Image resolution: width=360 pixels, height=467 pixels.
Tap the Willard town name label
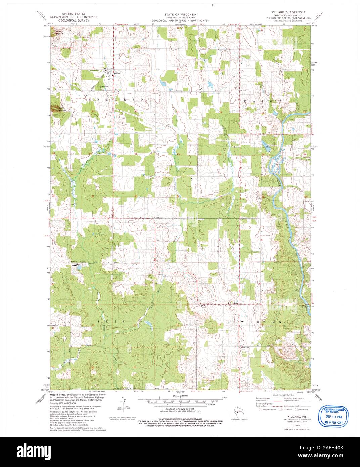tap(117, 73)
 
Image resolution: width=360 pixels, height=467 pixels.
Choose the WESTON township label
tap(262, 322)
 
